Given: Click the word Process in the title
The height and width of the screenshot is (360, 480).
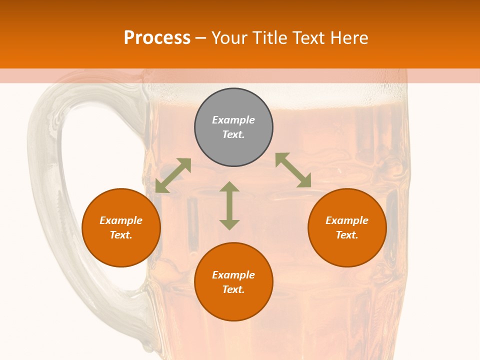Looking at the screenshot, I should (x=157, y=38).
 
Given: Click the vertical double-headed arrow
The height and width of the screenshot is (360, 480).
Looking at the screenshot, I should (x=229, y=205).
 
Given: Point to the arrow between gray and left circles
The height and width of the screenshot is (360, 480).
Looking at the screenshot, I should (x=173, y=175).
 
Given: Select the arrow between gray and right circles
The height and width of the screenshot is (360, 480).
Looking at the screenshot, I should (x=293, y=170).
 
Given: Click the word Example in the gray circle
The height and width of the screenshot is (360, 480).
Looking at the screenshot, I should (x=233, y=120).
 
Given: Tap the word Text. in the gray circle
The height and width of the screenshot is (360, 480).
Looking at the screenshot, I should (x=233, y=134).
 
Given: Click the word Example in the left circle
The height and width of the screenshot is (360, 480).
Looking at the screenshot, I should (x=121, y=220).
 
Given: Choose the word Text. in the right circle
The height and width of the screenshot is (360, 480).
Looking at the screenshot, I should (x=347, y=235).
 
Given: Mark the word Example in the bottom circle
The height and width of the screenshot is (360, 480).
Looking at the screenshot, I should (x=233, y=275).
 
